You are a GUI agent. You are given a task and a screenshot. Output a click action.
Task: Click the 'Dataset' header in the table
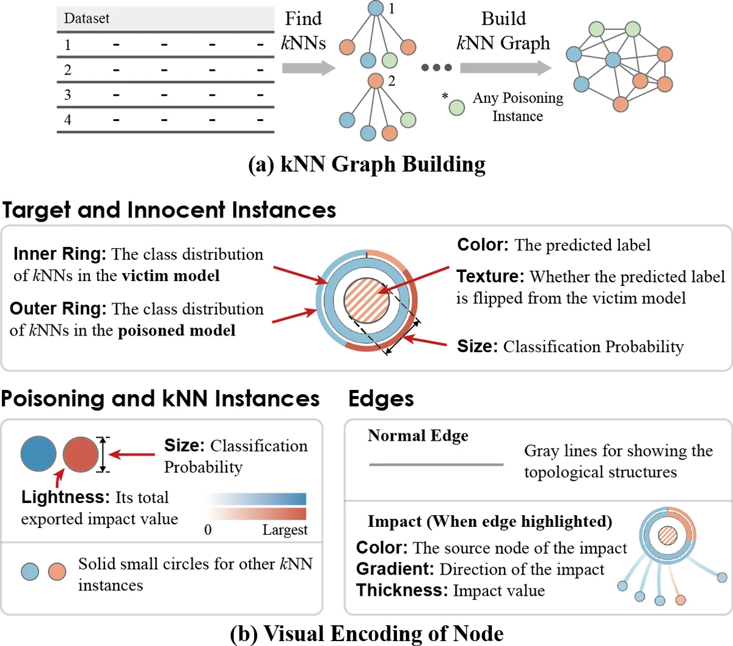point(87,18)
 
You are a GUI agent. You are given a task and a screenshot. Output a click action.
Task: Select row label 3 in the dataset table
point(67,95)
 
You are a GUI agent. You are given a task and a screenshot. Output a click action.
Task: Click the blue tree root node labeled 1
point(376,9)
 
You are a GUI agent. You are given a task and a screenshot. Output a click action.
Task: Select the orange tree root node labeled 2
point(376,81)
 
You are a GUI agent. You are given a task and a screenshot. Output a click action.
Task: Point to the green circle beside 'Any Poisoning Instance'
point(457,108)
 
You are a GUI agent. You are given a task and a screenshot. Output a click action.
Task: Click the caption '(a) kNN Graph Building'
point(366,164)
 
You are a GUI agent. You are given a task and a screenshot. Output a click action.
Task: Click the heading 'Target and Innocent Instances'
point(169,210)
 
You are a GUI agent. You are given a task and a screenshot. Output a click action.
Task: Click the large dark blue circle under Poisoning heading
point(38,454)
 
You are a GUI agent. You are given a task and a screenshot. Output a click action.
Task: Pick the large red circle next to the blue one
point(81,454)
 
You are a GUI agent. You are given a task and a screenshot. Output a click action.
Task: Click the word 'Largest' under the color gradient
point(285,530)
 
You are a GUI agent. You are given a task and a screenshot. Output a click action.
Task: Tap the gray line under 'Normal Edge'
point(436,465)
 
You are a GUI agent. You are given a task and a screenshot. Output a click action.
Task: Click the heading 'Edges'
point(381,399)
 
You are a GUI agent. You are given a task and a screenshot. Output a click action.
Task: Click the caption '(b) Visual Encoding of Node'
point(366,634)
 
